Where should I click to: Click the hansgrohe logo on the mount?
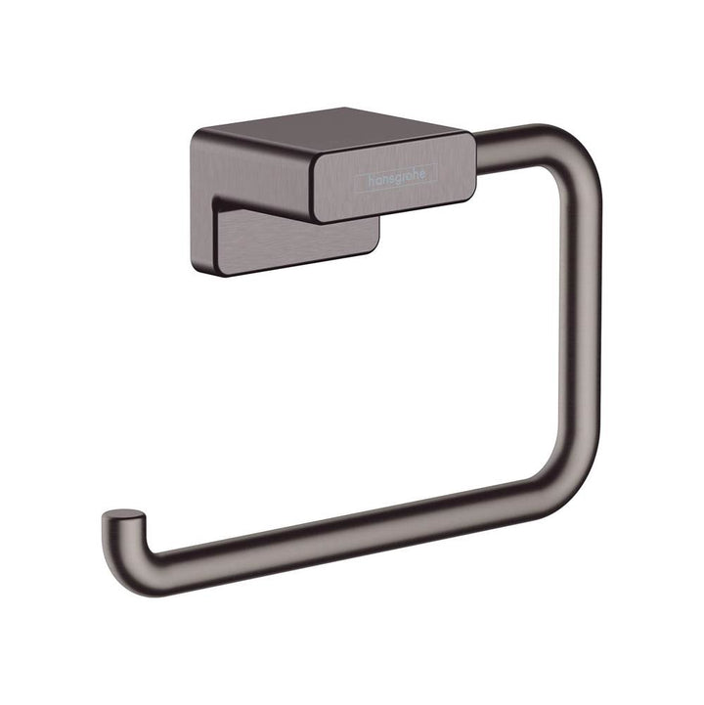(x=397, y=180)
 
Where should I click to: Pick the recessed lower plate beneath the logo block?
(x=293, y=240)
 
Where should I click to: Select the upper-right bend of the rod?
(x=572, y=156)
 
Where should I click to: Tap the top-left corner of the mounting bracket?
(x=195, y=135)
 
